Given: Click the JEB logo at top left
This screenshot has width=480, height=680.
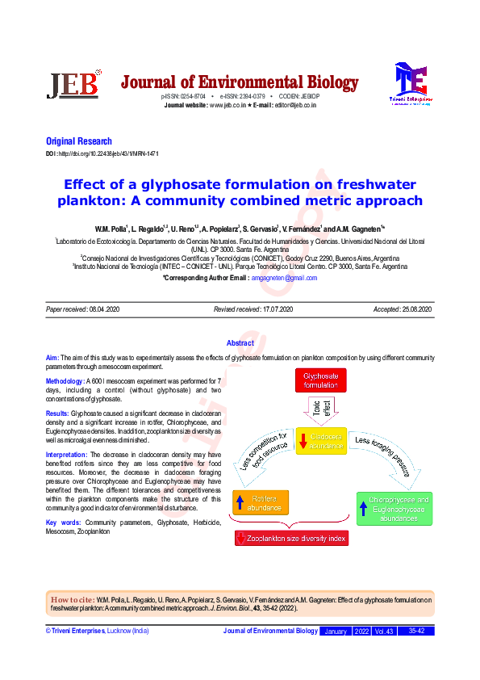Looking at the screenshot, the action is coord(74,84).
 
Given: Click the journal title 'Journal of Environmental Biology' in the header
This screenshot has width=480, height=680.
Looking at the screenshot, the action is coord(240,82).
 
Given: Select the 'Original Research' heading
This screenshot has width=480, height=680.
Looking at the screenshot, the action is coord(79,141).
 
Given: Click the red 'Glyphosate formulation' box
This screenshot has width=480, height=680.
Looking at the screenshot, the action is coord(320,380).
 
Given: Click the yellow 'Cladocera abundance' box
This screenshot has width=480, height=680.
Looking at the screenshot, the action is coord(321,441).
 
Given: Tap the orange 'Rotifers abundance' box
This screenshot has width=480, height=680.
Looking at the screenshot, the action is coord(261,503).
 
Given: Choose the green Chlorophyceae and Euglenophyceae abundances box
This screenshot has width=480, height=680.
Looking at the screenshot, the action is coord(394,509).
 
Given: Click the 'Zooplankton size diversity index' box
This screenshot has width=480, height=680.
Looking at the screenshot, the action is coord(292,538).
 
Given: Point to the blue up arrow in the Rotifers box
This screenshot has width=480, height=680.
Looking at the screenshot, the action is coord(240,503).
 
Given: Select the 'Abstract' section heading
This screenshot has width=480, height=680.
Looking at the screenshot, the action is coord(240,343).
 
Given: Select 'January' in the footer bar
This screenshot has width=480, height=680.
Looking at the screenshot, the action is coord(335,631).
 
